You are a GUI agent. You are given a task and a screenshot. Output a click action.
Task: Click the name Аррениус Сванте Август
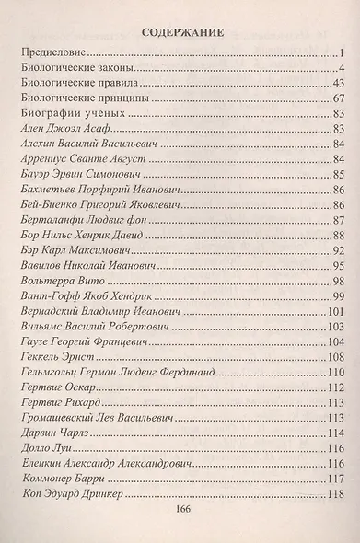click(80, 162)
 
